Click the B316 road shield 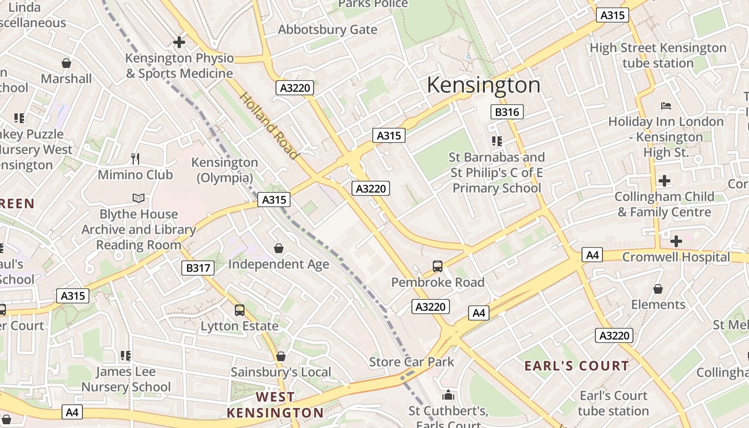pyautogui.click(x=507, y=112)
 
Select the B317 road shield pyautogui.click(x=198, y=268)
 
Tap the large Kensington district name pyautogui.click(x=484, y=85)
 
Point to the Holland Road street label pyautogui.click(x=268, y=126)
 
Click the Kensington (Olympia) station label pyautogui.click(x=225, y=170)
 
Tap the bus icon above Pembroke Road pyautogui.click(x=437, y=266)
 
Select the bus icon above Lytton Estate pyautogui.click(x=239, y=310)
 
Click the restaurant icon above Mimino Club pyautogui.click(x=135, y=158)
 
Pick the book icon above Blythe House pyautogui.click(x=139, y=198)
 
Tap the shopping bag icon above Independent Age pyautogui.click(x=278, y=248)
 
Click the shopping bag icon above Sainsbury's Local pyautogui.click(x=280, y=356)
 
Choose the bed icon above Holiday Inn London pyautogui.click(x=666, y=106)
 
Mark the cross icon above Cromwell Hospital pyautogui.click(x=676, y=241)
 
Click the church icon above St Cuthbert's pyautogui.click(x=448, y=395)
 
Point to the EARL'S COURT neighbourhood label pyautogui.click(x=576, y=366)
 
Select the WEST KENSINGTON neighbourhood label pyautogui.click(x=275, y=405)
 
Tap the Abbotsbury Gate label pyautogui.click(x=327, y=29)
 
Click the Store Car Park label pyautogui.click(x=411, y=362)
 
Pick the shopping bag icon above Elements pyautogui.click(x=658, y=289)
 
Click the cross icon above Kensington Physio pyautogui.click(x=179, y=42)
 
